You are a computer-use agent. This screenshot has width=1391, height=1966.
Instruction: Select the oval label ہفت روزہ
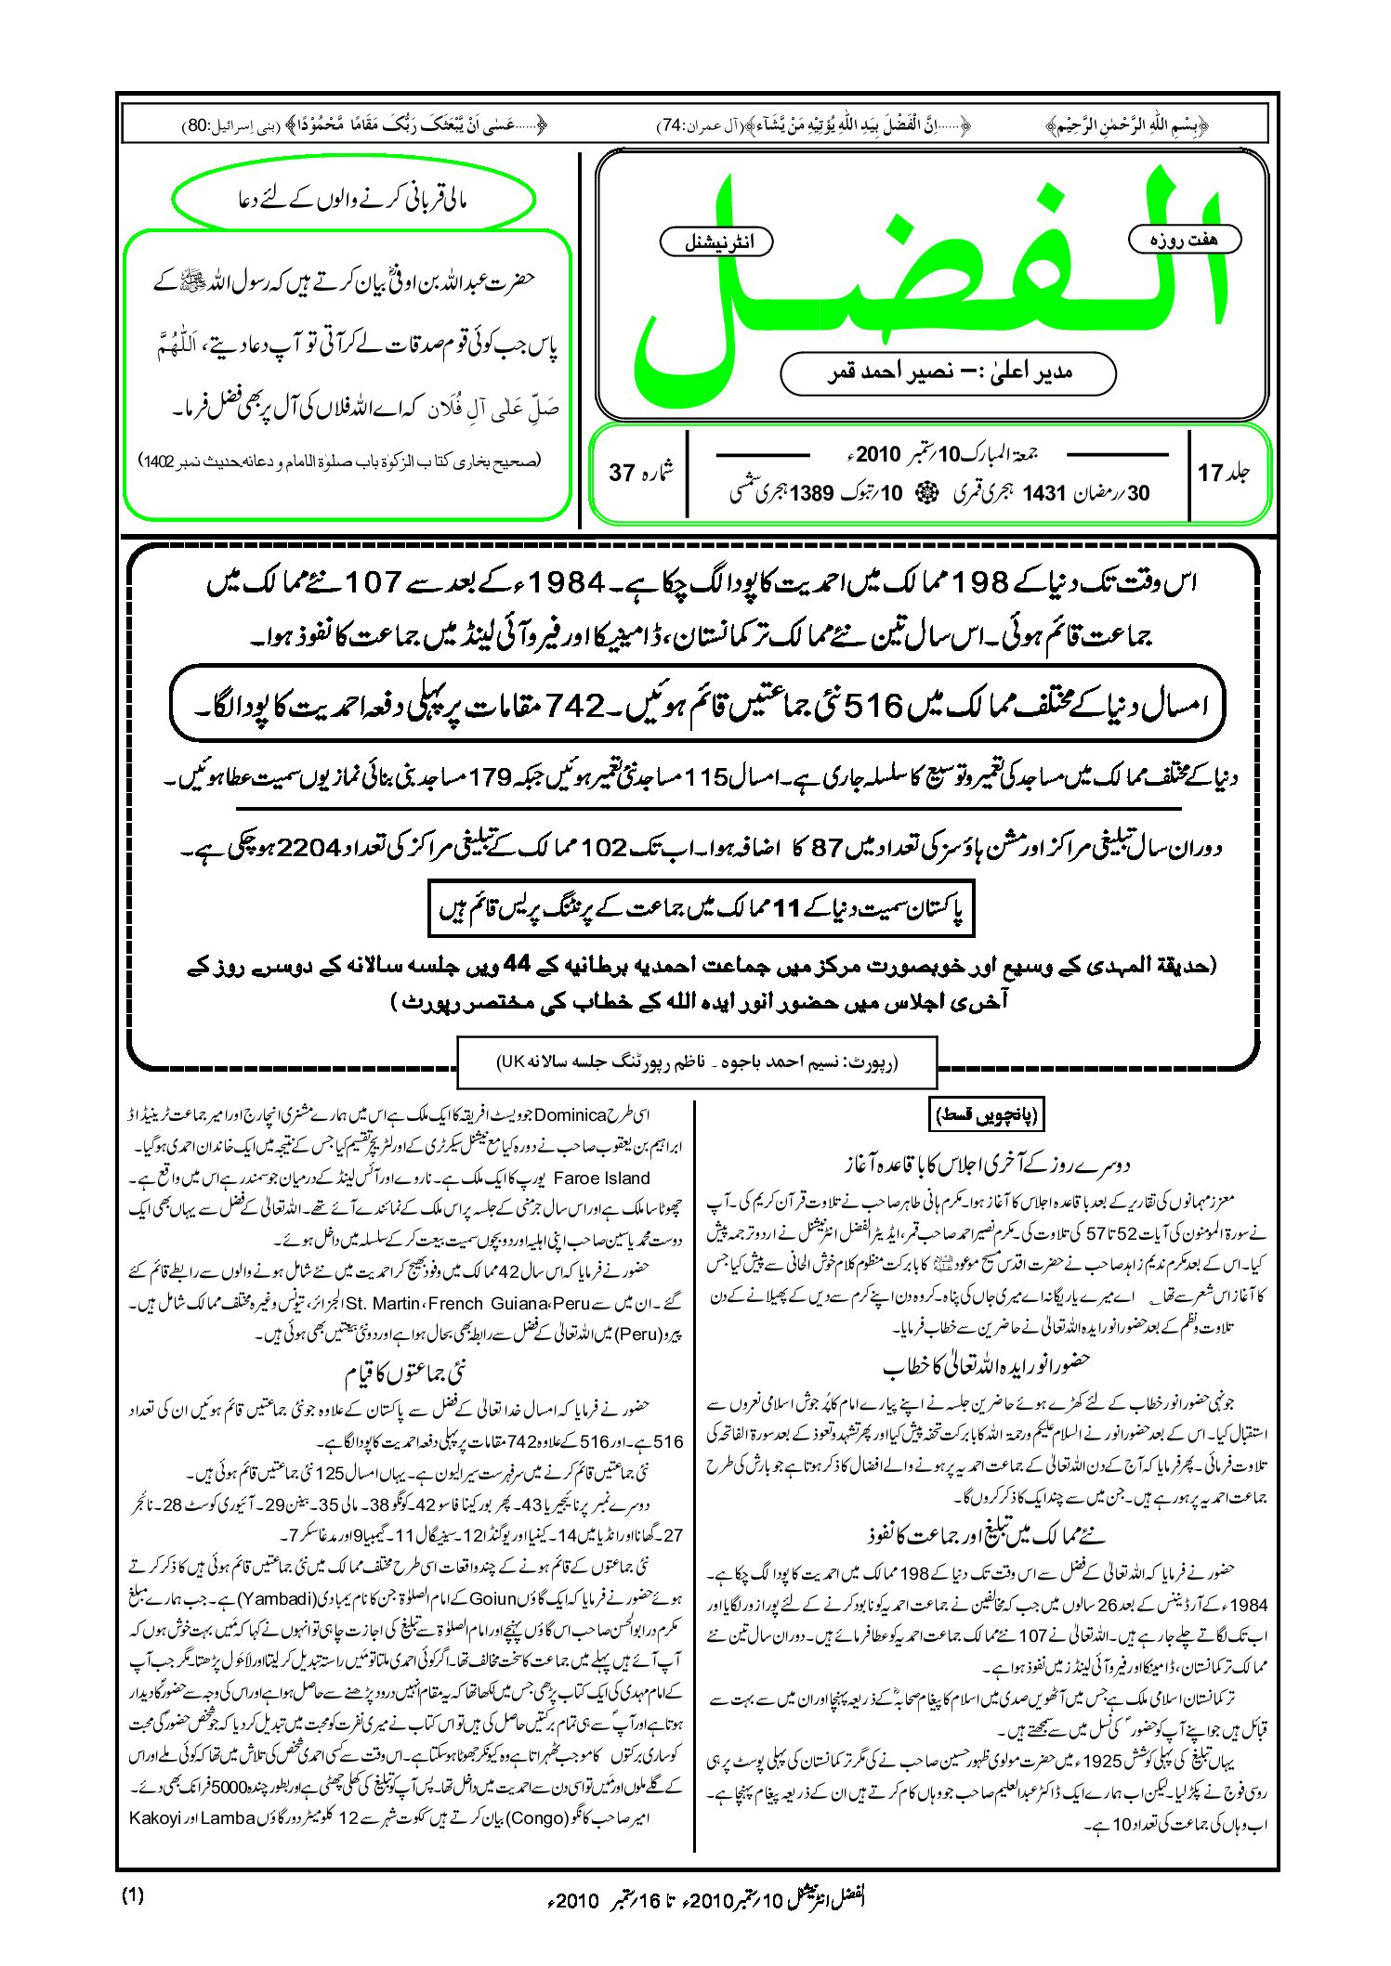pos(1184,240)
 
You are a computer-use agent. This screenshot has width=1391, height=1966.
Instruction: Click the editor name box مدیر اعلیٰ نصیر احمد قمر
pos(948,372)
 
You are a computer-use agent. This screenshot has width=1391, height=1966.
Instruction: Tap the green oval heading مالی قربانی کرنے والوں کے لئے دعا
pos(354,199)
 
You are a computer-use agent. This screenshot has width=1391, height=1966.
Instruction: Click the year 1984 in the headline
pos(571,583)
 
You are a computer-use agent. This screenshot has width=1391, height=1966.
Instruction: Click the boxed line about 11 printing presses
pos(702,908)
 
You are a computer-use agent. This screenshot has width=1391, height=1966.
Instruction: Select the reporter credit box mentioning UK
pos(697,1061)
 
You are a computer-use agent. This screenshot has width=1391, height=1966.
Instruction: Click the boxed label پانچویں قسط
pos(984,1113)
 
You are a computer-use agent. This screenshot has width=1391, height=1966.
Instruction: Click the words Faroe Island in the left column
pos(601,1178)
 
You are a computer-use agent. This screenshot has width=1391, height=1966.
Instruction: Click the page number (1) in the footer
pos(133,1894)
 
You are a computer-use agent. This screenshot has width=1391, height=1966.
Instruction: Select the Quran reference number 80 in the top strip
pos(197,124)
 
